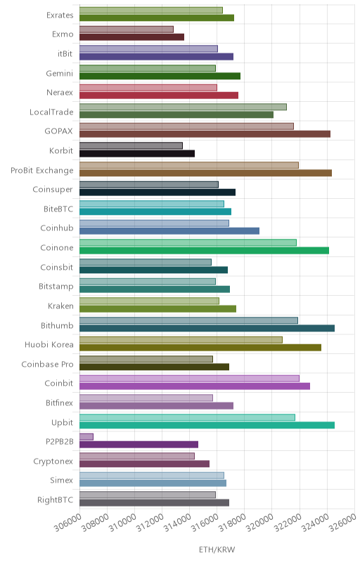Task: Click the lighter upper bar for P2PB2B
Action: (x=86, y=436)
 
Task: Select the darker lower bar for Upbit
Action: (x=207, y=425)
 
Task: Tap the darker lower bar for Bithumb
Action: (x=207, y=328)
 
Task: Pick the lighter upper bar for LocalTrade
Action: (x=183, y=107)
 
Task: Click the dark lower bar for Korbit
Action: (x=137, y=153)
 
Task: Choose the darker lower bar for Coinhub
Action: (x=169, y=231)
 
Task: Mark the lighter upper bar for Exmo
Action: (x=127, y=30)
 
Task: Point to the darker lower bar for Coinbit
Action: (x=195, y=386)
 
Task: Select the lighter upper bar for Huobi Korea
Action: (x=181, y=340)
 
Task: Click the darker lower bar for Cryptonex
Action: (x=145, y=464)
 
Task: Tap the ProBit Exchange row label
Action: (x=42, y=170)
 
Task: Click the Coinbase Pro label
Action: (x=47, y=364)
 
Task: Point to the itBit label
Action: (x=65, y=54)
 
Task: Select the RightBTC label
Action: (x=56, y=499)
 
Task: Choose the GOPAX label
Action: (x=59, y=131)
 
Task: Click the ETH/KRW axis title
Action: (x=217, y=550)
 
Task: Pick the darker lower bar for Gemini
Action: (x=160, y=76)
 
